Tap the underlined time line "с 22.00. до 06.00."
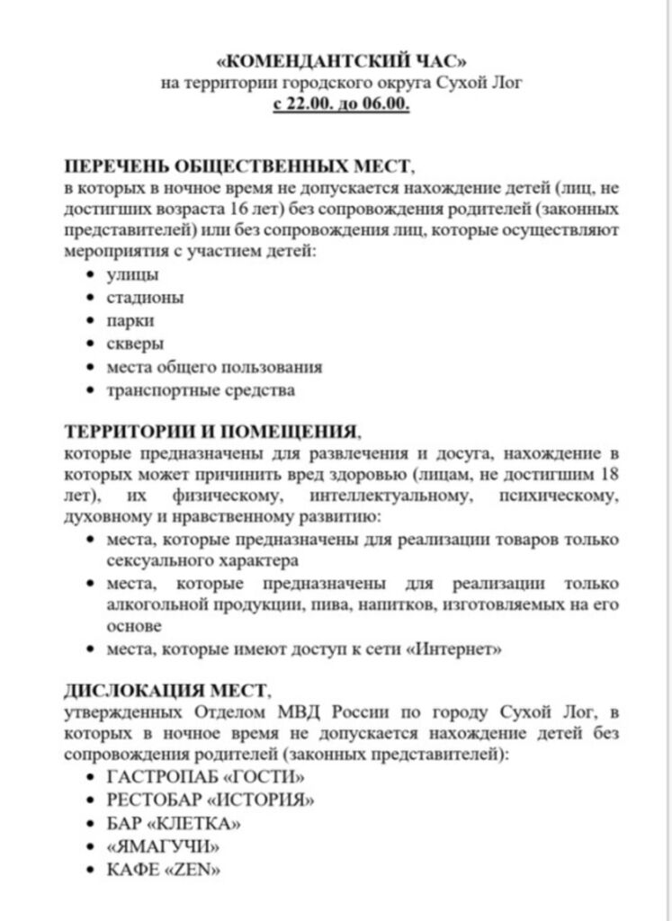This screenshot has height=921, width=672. [341, 104]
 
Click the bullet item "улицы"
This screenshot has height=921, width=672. [133, 274]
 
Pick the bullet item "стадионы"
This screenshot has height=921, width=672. [146, 297]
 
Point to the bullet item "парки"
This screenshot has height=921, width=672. [131, 320]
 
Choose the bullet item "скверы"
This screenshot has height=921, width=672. [136, 344]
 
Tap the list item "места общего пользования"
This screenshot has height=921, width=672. [214, 367]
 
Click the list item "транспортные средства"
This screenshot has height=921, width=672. [201, 390]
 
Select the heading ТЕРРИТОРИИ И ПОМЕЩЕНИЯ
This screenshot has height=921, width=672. [212, 430]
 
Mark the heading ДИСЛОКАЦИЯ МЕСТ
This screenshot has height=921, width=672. [165, 691]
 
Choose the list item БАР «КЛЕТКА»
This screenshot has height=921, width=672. [174, 823]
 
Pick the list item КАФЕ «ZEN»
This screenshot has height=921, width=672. [163, 870]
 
